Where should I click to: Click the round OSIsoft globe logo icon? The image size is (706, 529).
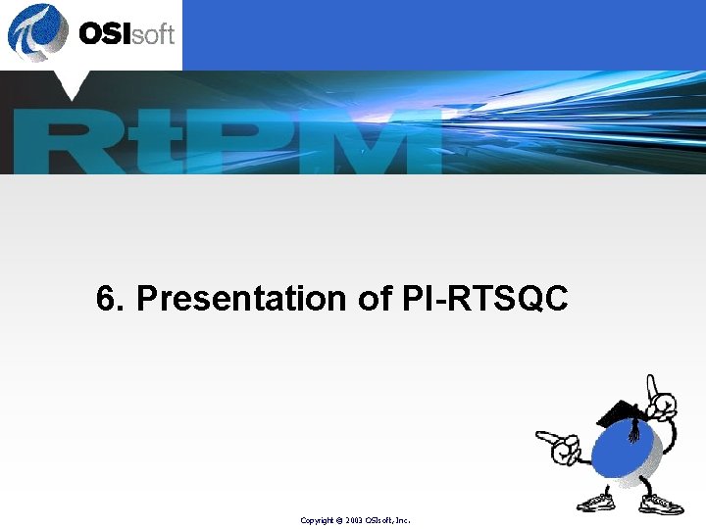(38, 32)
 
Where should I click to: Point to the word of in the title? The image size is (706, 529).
(376, 299)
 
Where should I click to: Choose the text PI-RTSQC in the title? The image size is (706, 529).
(485, 299)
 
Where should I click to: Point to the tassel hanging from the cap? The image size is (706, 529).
(633, 429)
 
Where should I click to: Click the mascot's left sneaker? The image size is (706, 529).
(594, 502)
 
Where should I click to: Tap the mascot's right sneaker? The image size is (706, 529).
(660, 504)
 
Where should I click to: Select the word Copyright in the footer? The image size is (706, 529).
(317, 520)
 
